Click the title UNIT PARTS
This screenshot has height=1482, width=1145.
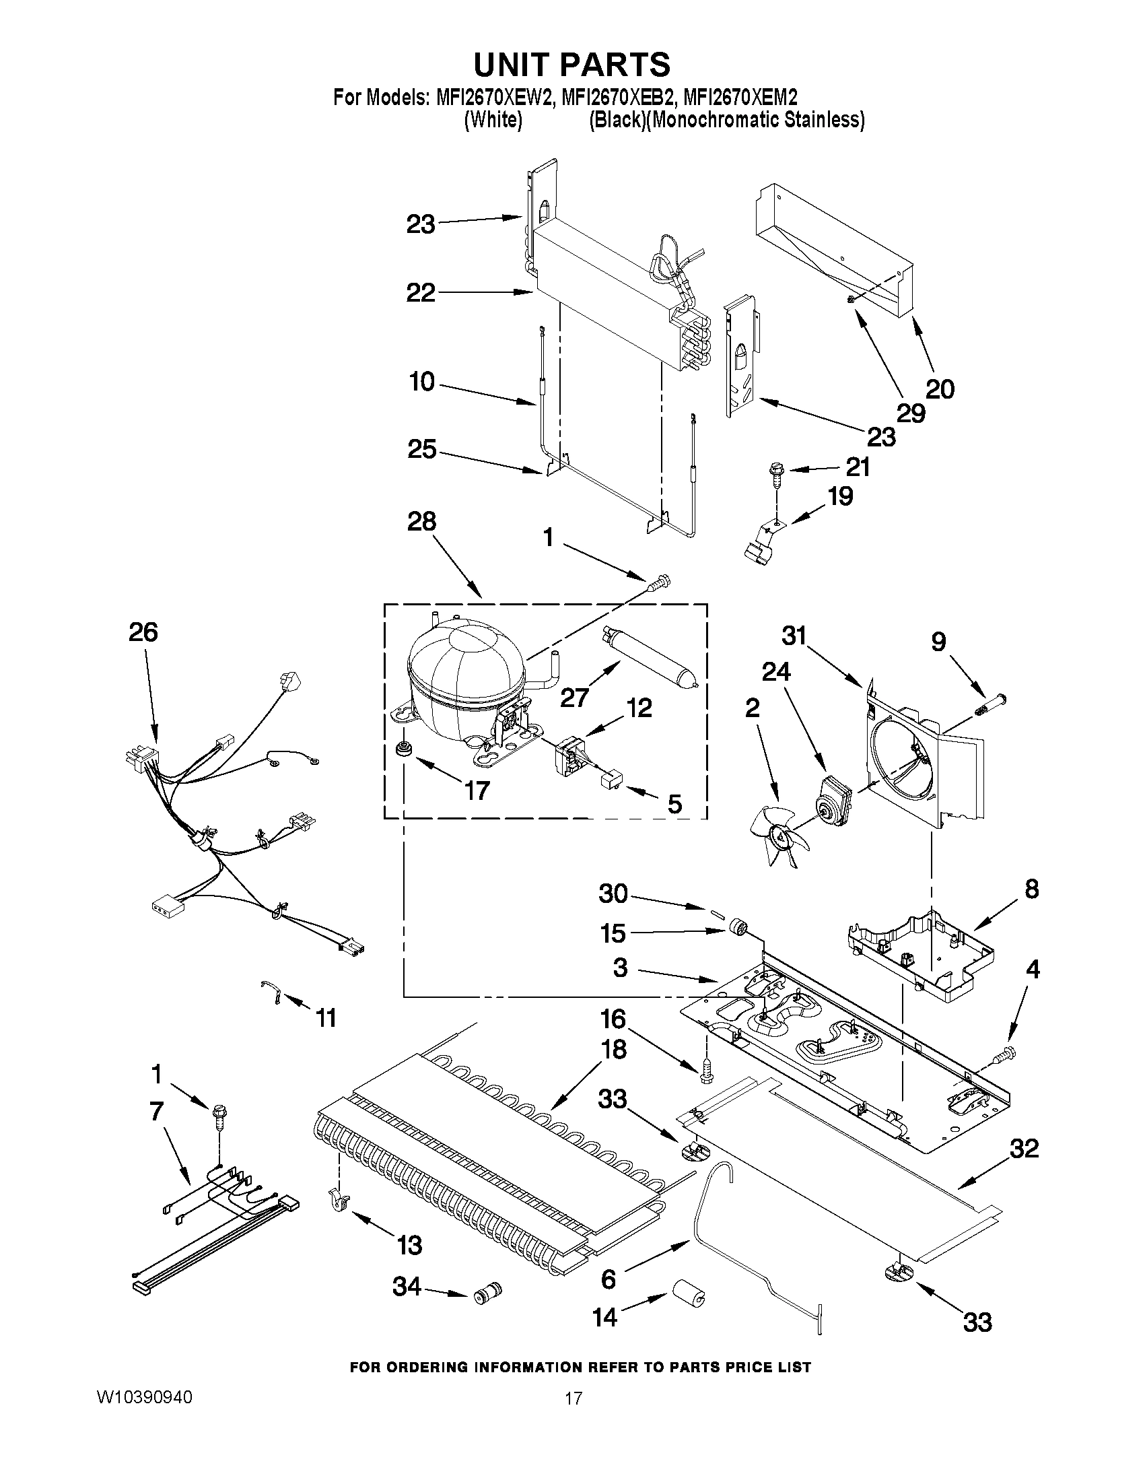click(571, 65)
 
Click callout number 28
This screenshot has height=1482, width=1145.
click(421, 522)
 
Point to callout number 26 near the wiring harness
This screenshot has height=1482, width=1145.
click(143, 632)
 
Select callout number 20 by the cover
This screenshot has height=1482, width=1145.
click(940, 389)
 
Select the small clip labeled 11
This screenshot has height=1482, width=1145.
click(271, 992)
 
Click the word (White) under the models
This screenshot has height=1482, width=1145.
click(493, 121)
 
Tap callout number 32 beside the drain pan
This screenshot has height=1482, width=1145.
click(1025, 1149)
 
